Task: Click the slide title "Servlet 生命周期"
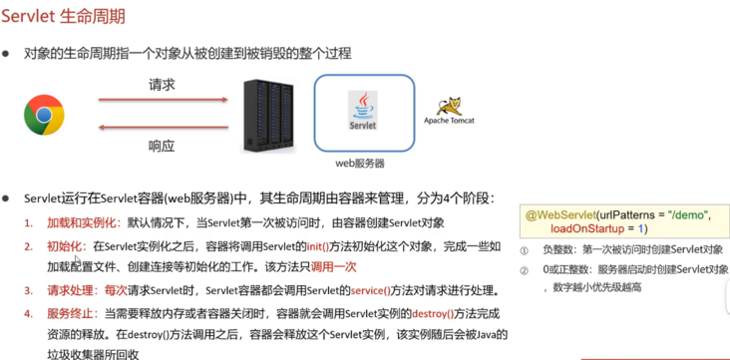click(x=70, y=17)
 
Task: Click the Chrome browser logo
click(x=45, y=116)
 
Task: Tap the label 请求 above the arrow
click(x=162, y=86)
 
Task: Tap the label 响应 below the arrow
click(x=162, y=146)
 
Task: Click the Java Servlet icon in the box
click(x=363, y=112)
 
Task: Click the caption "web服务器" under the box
click(x=360, y=163)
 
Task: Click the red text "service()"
click(x=370, y=290)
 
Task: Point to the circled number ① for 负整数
click(x=525, y=249)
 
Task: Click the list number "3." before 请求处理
click(x=29, y=290)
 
